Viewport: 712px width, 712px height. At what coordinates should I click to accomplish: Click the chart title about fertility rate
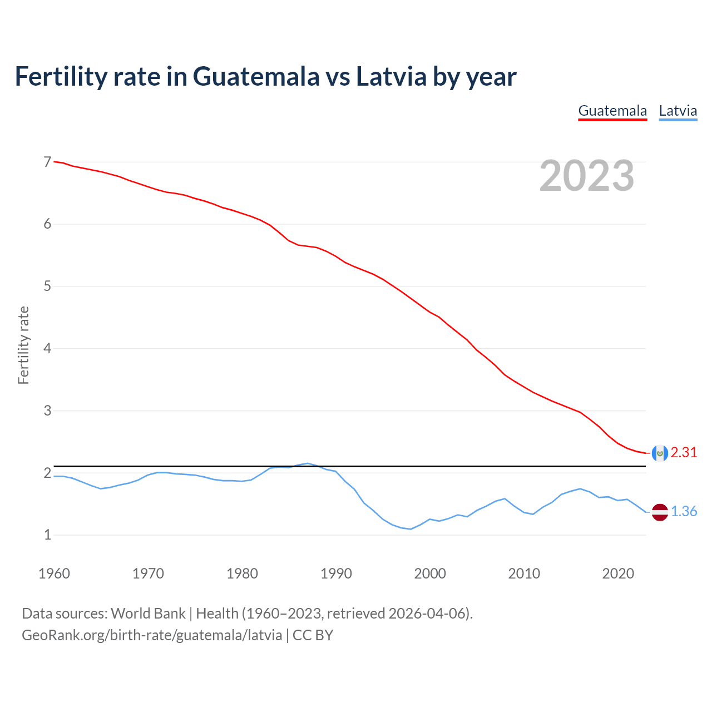click(x=265, y=77)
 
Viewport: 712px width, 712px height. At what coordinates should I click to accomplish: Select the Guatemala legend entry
click(x=612, y=111)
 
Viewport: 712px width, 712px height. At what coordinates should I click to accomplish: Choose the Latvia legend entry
click(x=678, y=111)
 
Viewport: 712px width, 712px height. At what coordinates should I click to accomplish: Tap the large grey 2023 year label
click(x=587, y=176)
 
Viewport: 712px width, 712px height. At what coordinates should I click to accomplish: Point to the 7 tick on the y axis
click(x=47, y=162)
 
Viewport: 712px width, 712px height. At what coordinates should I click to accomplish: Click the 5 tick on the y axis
click(x=47, y=286)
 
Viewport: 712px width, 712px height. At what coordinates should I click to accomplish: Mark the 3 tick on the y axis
click(x=47, y=411)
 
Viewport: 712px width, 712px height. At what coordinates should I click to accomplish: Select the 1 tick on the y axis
click(x=47, y=535)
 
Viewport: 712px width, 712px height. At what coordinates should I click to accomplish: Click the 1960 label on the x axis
click(x=54, y=573)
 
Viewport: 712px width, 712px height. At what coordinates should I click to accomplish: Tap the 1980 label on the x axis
click(x=242, y=573)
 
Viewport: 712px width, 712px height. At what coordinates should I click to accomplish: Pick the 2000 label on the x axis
click(x=430, y=573)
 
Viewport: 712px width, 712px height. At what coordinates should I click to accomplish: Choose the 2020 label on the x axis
click(x=618, y=573)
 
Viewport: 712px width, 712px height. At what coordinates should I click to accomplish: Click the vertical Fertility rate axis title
click(x=23, y=345)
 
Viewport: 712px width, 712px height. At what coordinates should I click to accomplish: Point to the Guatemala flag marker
click(x=660, y=453)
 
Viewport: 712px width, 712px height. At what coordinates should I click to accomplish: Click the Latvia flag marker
click(x=660, y=512)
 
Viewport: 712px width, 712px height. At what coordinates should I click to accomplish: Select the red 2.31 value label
click(x=684, y=453)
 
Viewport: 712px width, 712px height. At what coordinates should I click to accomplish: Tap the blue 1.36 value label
click(x=684, y=512)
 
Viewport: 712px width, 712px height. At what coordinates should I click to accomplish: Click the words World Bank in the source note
click(x=148, y=614)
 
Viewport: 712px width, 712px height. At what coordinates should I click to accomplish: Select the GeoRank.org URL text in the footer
click(x=151, y=635)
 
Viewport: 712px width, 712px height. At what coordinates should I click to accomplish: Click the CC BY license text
click(x=313, y=635)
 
